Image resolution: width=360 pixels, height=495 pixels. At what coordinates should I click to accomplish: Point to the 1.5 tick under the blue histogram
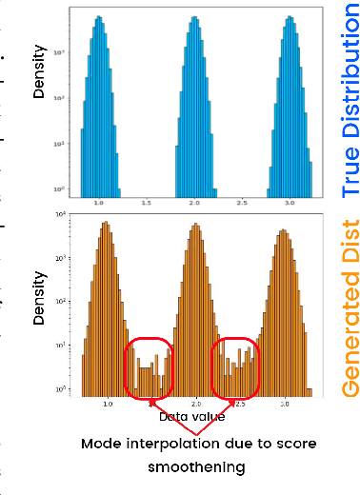pos(147,203)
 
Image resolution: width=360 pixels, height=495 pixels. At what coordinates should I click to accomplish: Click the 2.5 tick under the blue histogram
pos(244,203)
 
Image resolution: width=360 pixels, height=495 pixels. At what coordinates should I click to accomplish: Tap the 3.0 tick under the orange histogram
pos(285,404)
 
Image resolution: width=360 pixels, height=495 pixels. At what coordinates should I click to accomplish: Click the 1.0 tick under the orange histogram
pos(107,404)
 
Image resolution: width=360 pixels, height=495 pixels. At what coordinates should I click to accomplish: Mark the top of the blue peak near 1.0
pos(98,18)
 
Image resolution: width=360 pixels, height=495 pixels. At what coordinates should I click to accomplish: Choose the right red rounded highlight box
pos(235,369)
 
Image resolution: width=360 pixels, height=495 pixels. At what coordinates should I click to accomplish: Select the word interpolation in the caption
pos(171,445)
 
